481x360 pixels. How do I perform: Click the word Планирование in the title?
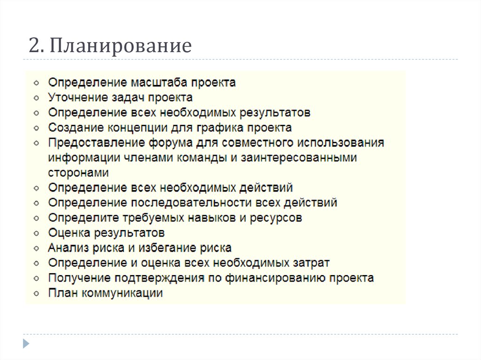click(121, 46)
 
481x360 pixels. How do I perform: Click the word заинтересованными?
click(299, 158)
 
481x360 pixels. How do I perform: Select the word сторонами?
click(78, 173)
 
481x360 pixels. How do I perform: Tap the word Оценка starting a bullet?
click(69, 233)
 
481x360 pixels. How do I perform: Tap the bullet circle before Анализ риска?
click(37, 248)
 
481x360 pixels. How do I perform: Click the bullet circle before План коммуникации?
click(37, 294)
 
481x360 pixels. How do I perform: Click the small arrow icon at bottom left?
click(26, 342)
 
